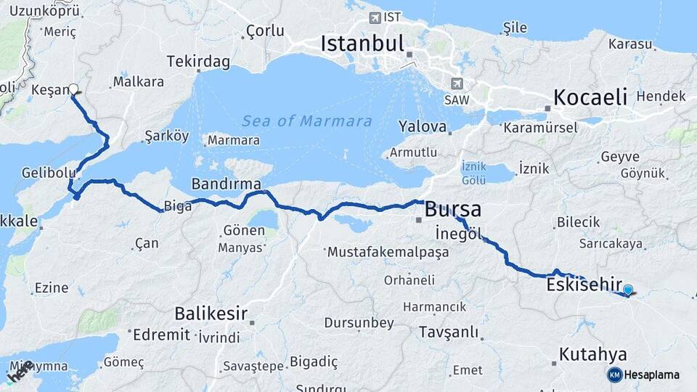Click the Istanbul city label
click(362, 44)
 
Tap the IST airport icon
click(375, 17)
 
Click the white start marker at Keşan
click(73, 89)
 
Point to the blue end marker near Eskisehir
click(628, 290)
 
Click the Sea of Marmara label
click(306, 121)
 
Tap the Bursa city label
click(452, 210)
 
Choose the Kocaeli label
click(590, 97)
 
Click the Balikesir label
click(211, 314)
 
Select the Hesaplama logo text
click(652, 375)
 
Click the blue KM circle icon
click(614, 375)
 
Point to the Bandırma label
click(226, 184)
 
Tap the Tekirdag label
click(198, 62)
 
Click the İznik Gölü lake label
click(474, 172)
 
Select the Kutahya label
click(592, 355)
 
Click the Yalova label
click(422, 127)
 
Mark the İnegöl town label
click(458, 234)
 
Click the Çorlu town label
click(265, 30)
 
